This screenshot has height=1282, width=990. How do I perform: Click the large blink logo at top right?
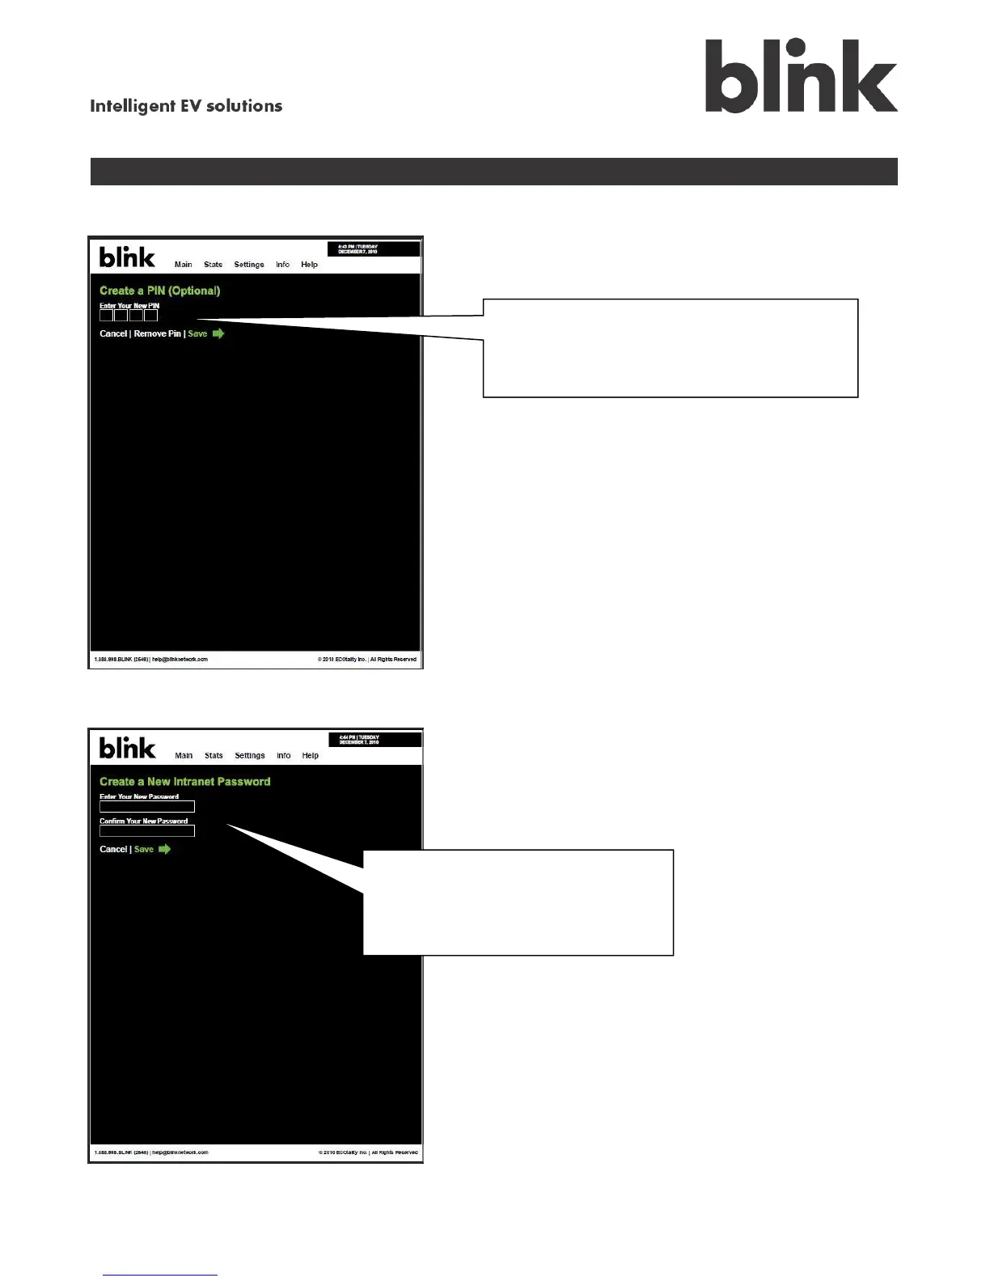tap(801, 76)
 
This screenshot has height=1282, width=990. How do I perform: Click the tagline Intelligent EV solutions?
tap(186, 106)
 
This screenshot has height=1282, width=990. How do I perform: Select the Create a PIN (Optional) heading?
tap(160, 291)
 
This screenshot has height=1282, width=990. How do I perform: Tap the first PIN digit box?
tap(106, 316)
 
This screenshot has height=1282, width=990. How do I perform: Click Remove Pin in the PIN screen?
tap(157, 333)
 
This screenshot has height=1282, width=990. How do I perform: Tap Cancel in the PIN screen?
tap(113, 333)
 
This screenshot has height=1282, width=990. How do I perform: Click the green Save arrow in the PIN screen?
tap(218, 333)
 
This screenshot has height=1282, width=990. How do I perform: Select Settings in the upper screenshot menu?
tap(249, 265)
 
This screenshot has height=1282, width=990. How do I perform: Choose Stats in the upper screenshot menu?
tap(213, 265)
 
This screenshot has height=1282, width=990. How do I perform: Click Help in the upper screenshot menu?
tap(309, 265)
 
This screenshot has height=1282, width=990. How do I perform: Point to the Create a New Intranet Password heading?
tap(185, 782)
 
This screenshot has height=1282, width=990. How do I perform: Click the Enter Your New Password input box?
tap(147, 807)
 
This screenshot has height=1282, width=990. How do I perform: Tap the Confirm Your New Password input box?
tap(147, 831)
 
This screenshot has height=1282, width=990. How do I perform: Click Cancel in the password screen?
tap(113, 849)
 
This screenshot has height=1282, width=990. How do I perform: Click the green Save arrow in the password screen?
tap(164, 849)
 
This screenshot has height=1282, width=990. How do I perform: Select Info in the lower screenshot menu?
tap(284, 756)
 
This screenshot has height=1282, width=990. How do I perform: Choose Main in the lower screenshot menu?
tap(184, 756)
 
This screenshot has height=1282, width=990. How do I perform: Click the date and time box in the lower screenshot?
tap(374, 740)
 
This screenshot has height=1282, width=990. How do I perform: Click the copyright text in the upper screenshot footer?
tap(367, 660)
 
